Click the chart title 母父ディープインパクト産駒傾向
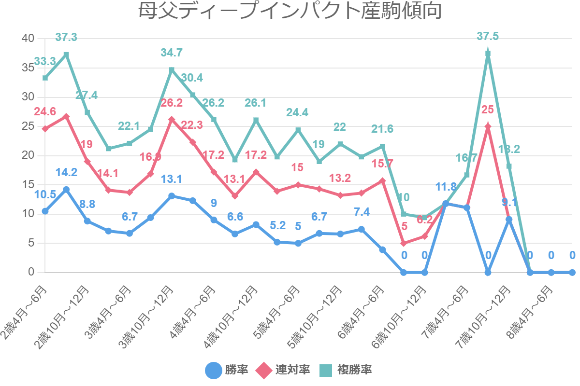290,12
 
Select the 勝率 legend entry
227,370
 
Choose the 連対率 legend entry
283,370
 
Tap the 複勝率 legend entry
346,370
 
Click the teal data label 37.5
487,36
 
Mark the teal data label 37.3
66,37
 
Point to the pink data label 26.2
171,103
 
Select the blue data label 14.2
66,172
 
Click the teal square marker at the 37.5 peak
488,54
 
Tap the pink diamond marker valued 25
488,126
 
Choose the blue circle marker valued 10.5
45,211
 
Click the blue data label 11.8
446,186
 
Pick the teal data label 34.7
171,53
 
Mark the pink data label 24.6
45,112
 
